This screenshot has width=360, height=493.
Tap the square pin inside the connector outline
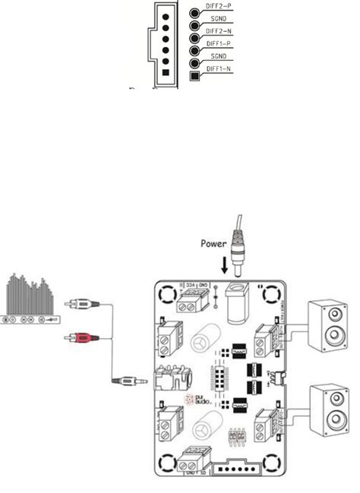tap(166, 74)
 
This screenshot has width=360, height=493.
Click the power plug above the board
tap(242, 258)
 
